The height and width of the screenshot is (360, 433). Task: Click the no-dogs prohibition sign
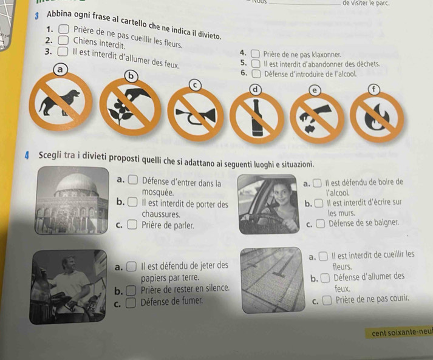click(x=61, y=101)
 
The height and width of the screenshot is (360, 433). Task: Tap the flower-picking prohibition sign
click(x=131, y=107)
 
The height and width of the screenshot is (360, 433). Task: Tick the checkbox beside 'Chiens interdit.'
click(x=63, y=40)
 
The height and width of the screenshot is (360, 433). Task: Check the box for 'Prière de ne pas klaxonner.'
click(x=255, y=54)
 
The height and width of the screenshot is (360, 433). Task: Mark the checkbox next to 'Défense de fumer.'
click(x=131, y=302)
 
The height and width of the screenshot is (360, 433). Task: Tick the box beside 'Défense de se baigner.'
click(x=320, y=223)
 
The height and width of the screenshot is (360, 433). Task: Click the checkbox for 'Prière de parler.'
click(x=132, y=225)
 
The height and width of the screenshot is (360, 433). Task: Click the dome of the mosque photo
click(x=77, y=184)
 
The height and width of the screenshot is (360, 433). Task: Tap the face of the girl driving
click(x=282, y=192)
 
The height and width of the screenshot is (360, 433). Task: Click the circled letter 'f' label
click(x=373, y=90)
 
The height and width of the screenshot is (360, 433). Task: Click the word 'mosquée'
click(x=157, y=192)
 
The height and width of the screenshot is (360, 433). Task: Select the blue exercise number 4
click(x=27, y=156)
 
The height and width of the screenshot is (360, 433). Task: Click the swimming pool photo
click(x=273, y=280)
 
